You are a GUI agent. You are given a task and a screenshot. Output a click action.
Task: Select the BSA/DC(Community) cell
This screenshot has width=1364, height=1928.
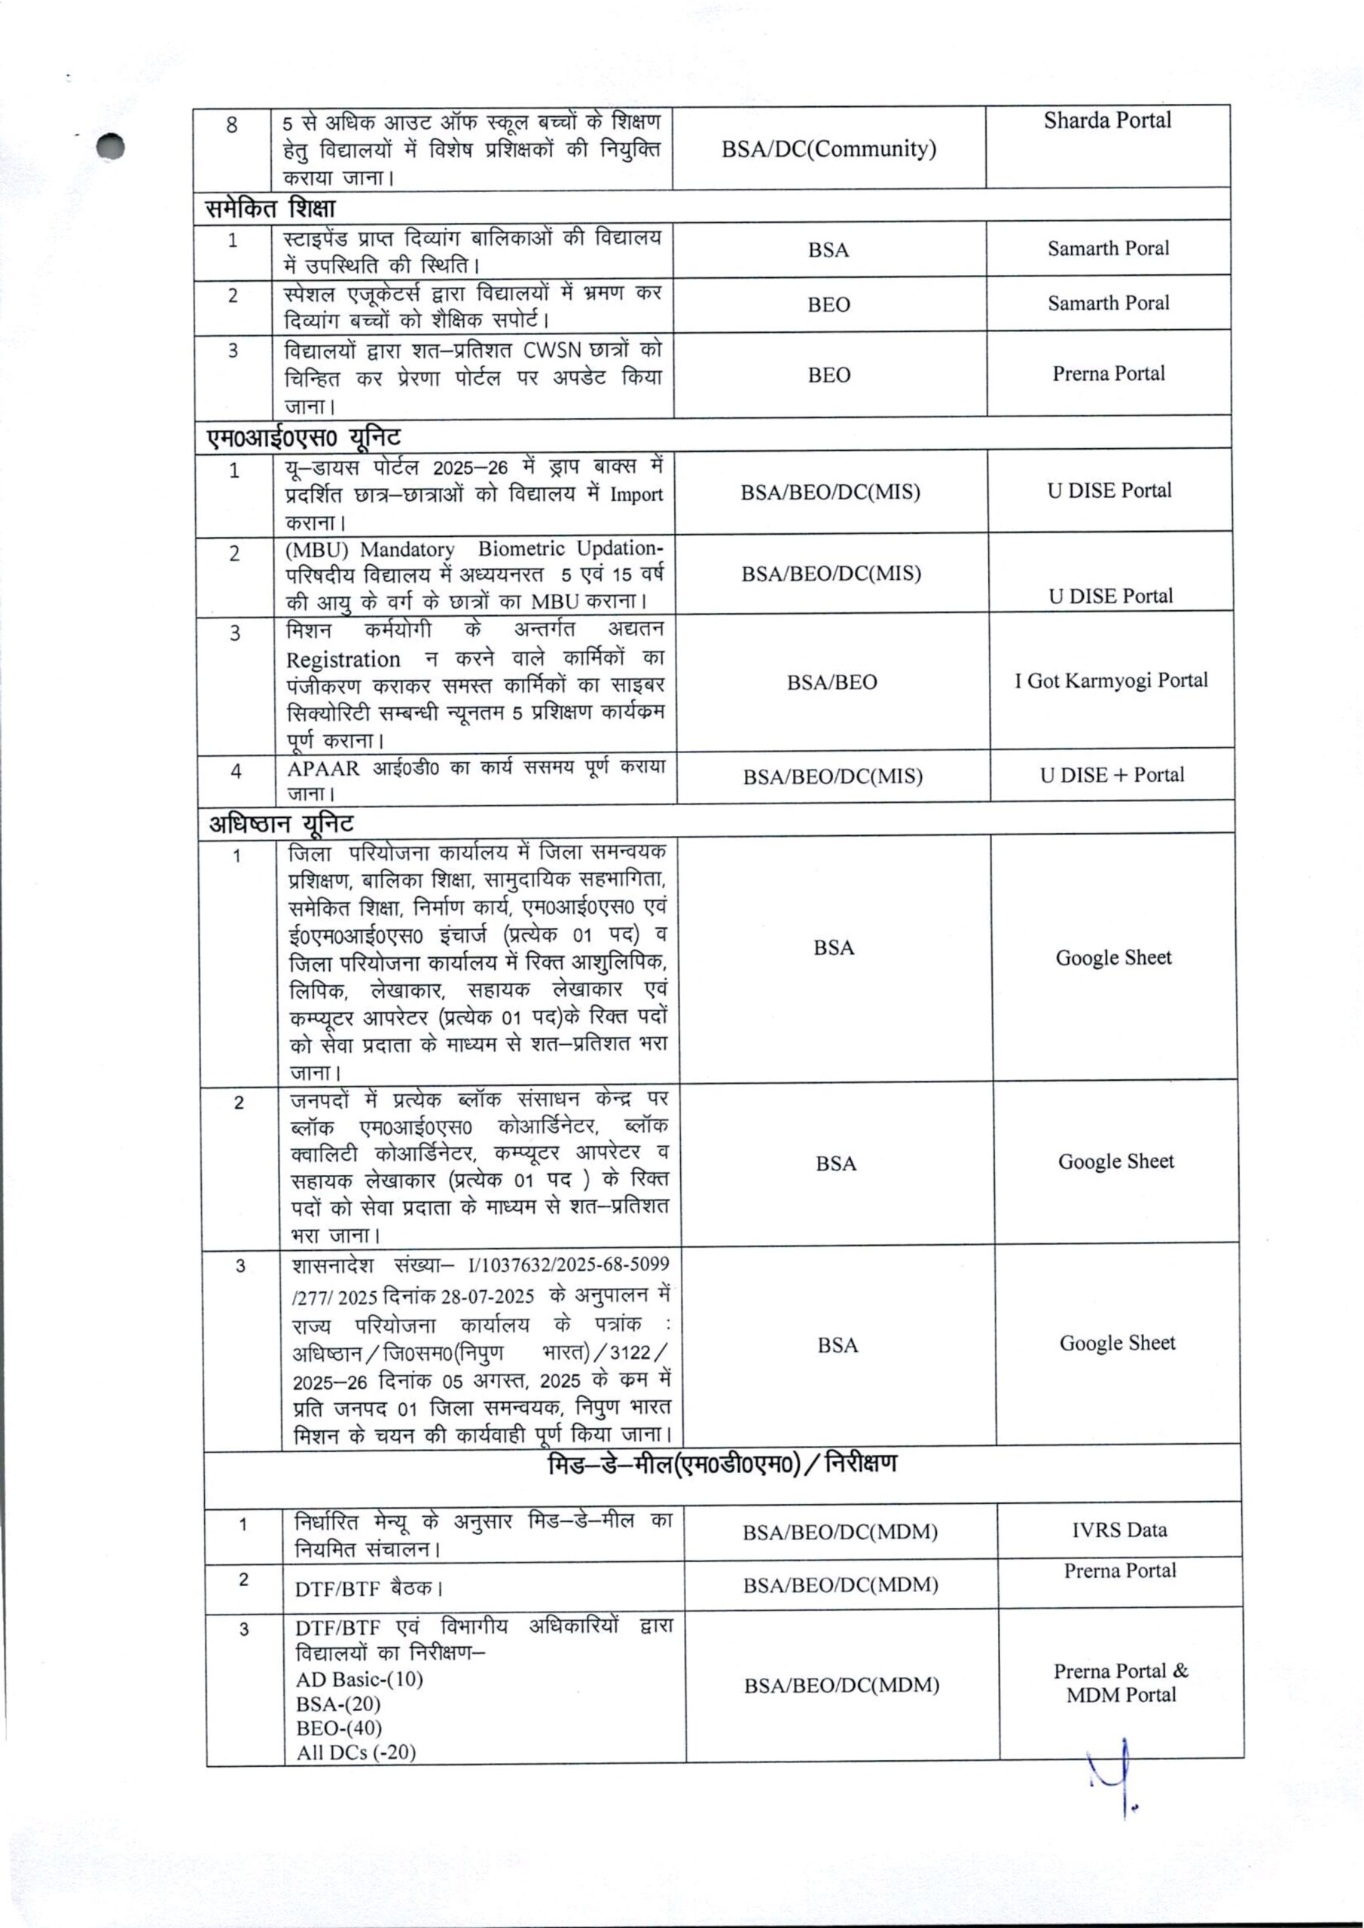coord(828,149)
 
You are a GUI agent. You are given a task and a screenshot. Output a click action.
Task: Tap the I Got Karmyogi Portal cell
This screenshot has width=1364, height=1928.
coord(1110,680)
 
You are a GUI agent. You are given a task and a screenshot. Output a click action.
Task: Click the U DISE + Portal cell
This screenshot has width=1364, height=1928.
coord(1112,775)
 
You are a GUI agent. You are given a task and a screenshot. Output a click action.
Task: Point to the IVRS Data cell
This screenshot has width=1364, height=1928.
coord(1118,1530)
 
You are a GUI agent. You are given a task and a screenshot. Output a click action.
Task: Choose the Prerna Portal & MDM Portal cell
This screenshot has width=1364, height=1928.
coord(1121,1682)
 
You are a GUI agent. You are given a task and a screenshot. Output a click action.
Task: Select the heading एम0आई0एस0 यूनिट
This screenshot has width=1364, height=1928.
coord(304,438)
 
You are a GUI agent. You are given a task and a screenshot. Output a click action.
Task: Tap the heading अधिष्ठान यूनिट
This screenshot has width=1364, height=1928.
coord(280,824)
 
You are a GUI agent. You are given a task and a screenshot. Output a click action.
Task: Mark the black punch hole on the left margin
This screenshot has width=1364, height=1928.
coord(110,146)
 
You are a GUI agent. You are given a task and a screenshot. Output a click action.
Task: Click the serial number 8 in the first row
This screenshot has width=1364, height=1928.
coord(232,126)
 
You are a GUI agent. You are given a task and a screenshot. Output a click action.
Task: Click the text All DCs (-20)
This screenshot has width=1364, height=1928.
coord(355,1753)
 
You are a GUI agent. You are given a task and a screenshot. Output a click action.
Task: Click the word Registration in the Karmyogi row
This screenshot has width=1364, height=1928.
coord(343,659)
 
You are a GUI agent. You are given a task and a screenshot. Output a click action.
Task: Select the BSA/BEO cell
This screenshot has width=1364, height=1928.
coord(832,682)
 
